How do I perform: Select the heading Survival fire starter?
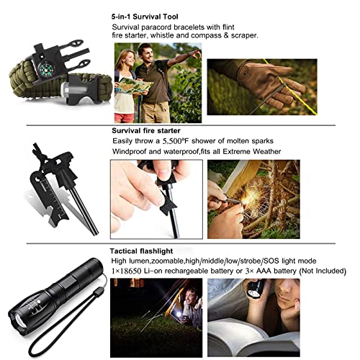point(150,131)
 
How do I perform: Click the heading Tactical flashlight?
point(145,249)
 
